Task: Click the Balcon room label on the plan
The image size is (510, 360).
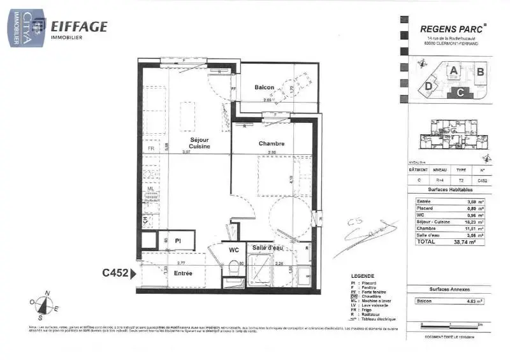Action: [264, 87]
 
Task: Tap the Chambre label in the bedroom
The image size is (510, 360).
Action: [271, 143]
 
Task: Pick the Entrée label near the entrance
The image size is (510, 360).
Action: [183, 273]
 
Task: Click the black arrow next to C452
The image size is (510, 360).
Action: [133, 274]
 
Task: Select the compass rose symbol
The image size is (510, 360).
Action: [43, 305]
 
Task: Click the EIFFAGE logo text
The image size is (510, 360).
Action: [80, 27]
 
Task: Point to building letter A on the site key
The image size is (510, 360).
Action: [453, 71]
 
